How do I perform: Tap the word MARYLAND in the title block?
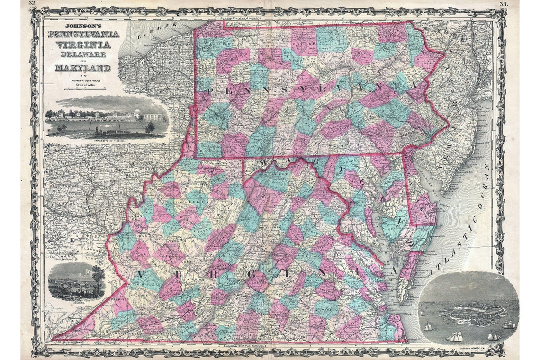(82, 68)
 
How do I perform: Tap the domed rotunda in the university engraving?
(139, 113)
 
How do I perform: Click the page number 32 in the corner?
(32, 3)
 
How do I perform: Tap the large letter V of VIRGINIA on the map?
(142, 276)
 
